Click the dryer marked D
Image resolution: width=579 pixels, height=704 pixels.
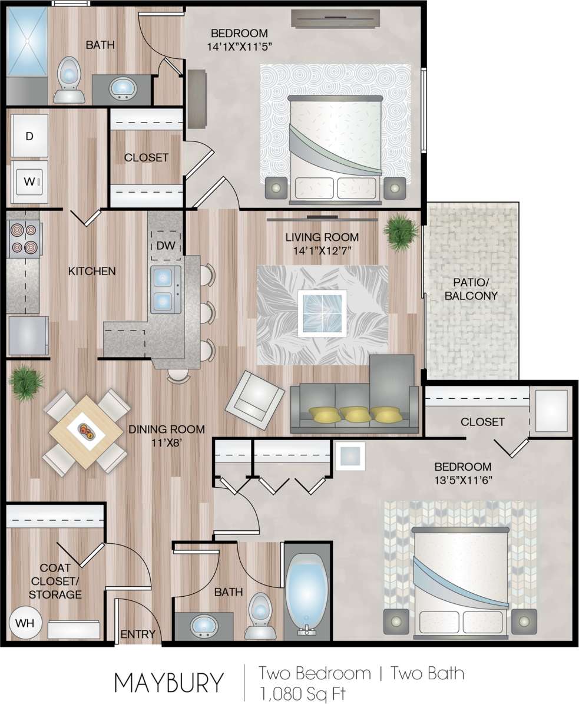pos(29,136)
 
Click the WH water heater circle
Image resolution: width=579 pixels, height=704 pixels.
pos(25,623)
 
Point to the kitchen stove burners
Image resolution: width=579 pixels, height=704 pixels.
pos(24,238)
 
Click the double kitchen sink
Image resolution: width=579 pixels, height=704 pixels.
pos(165,289)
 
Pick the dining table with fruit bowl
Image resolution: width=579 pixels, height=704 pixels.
pos(86,432)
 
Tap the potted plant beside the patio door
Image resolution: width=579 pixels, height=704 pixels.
pos(402,232)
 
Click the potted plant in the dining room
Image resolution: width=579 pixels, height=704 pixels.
pos(27,383)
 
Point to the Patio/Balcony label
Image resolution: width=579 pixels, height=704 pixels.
pos(471,288)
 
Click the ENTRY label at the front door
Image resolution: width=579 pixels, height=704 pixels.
pos(137,634)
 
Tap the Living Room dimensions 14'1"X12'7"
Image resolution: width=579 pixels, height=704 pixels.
pos(322,252)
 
